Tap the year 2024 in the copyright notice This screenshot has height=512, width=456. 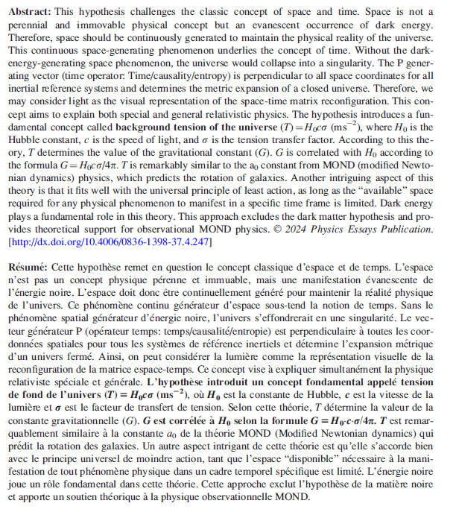pos(293,230)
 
